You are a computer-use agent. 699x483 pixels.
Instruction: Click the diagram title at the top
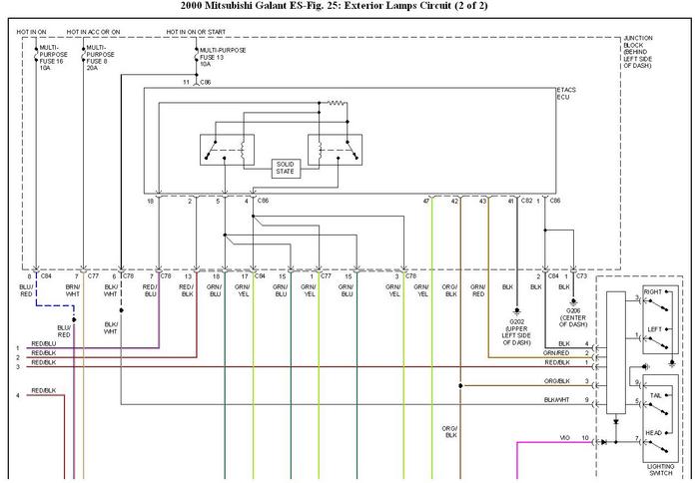pos(349,7)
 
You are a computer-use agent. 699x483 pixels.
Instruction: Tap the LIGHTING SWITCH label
pos(658,468)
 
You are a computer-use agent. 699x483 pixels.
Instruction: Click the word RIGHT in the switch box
pos(652,291)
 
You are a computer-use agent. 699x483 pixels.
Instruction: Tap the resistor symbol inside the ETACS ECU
pos(336,102)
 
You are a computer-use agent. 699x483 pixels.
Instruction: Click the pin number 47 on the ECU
pos(425,202)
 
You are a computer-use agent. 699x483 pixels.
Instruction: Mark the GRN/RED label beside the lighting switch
pos(556,352)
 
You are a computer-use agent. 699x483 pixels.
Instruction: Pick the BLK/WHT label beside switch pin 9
pos(556,400)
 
